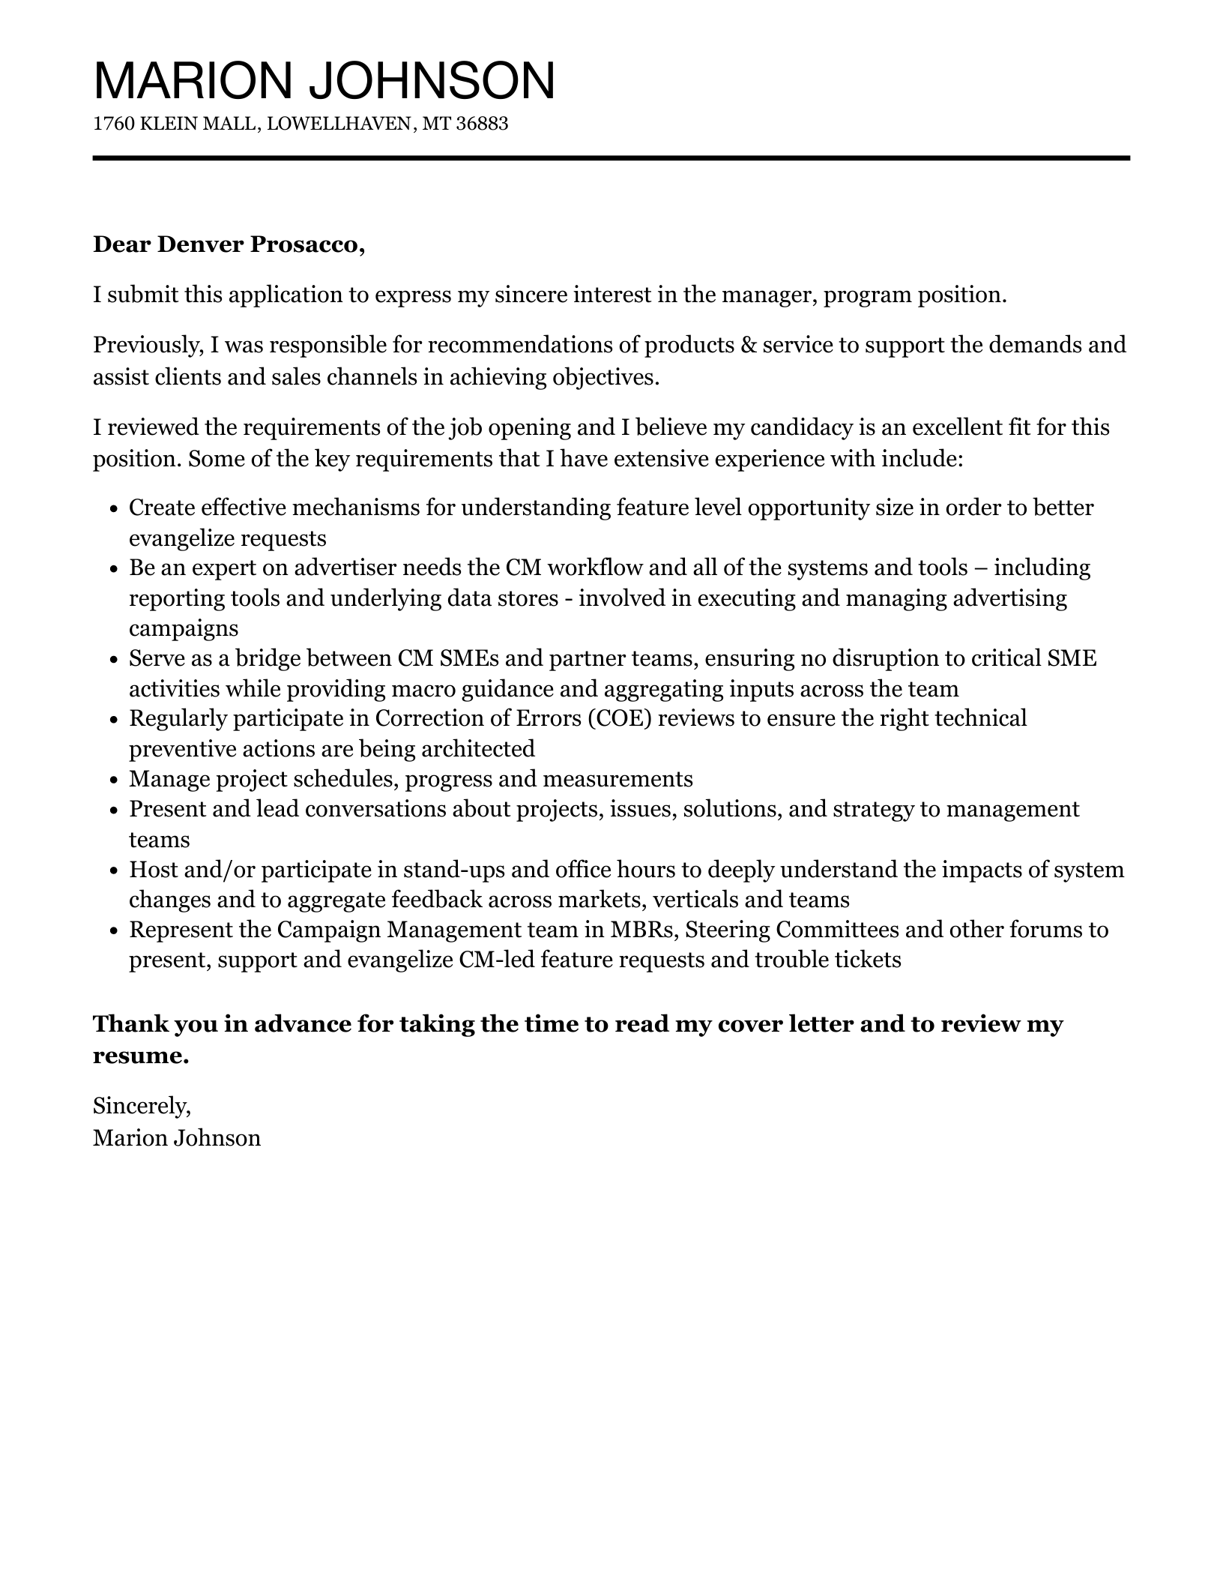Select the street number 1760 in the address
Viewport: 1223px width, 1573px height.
113,124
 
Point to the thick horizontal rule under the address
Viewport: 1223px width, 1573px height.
611,158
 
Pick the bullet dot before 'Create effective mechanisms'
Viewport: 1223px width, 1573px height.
114,509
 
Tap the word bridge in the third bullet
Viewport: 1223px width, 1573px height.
268,658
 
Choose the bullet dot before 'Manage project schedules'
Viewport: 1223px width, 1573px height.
114,781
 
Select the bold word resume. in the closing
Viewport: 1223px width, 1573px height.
141,1056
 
